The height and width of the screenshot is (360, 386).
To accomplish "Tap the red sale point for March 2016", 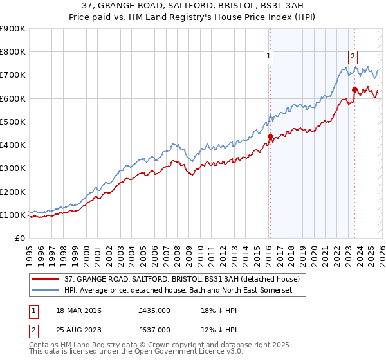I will pyautogui.click(x=270, y=136).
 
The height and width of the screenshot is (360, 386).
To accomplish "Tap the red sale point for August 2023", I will pyautogui.click(x=354, y=89).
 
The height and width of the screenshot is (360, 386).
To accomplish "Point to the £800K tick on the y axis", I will pyautogui.click(x=13, y=52).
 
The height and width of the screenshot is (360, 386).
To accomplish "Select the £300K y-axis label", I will pyautogui.click(x=13, y=168).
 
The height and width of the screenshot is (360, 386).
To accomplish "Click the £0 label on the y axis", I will pyautogui.click(x=19, y=238).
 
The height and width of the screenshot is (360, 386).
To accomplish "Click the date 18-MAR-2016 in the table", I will pyautogui.click(x=79, y=310).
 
